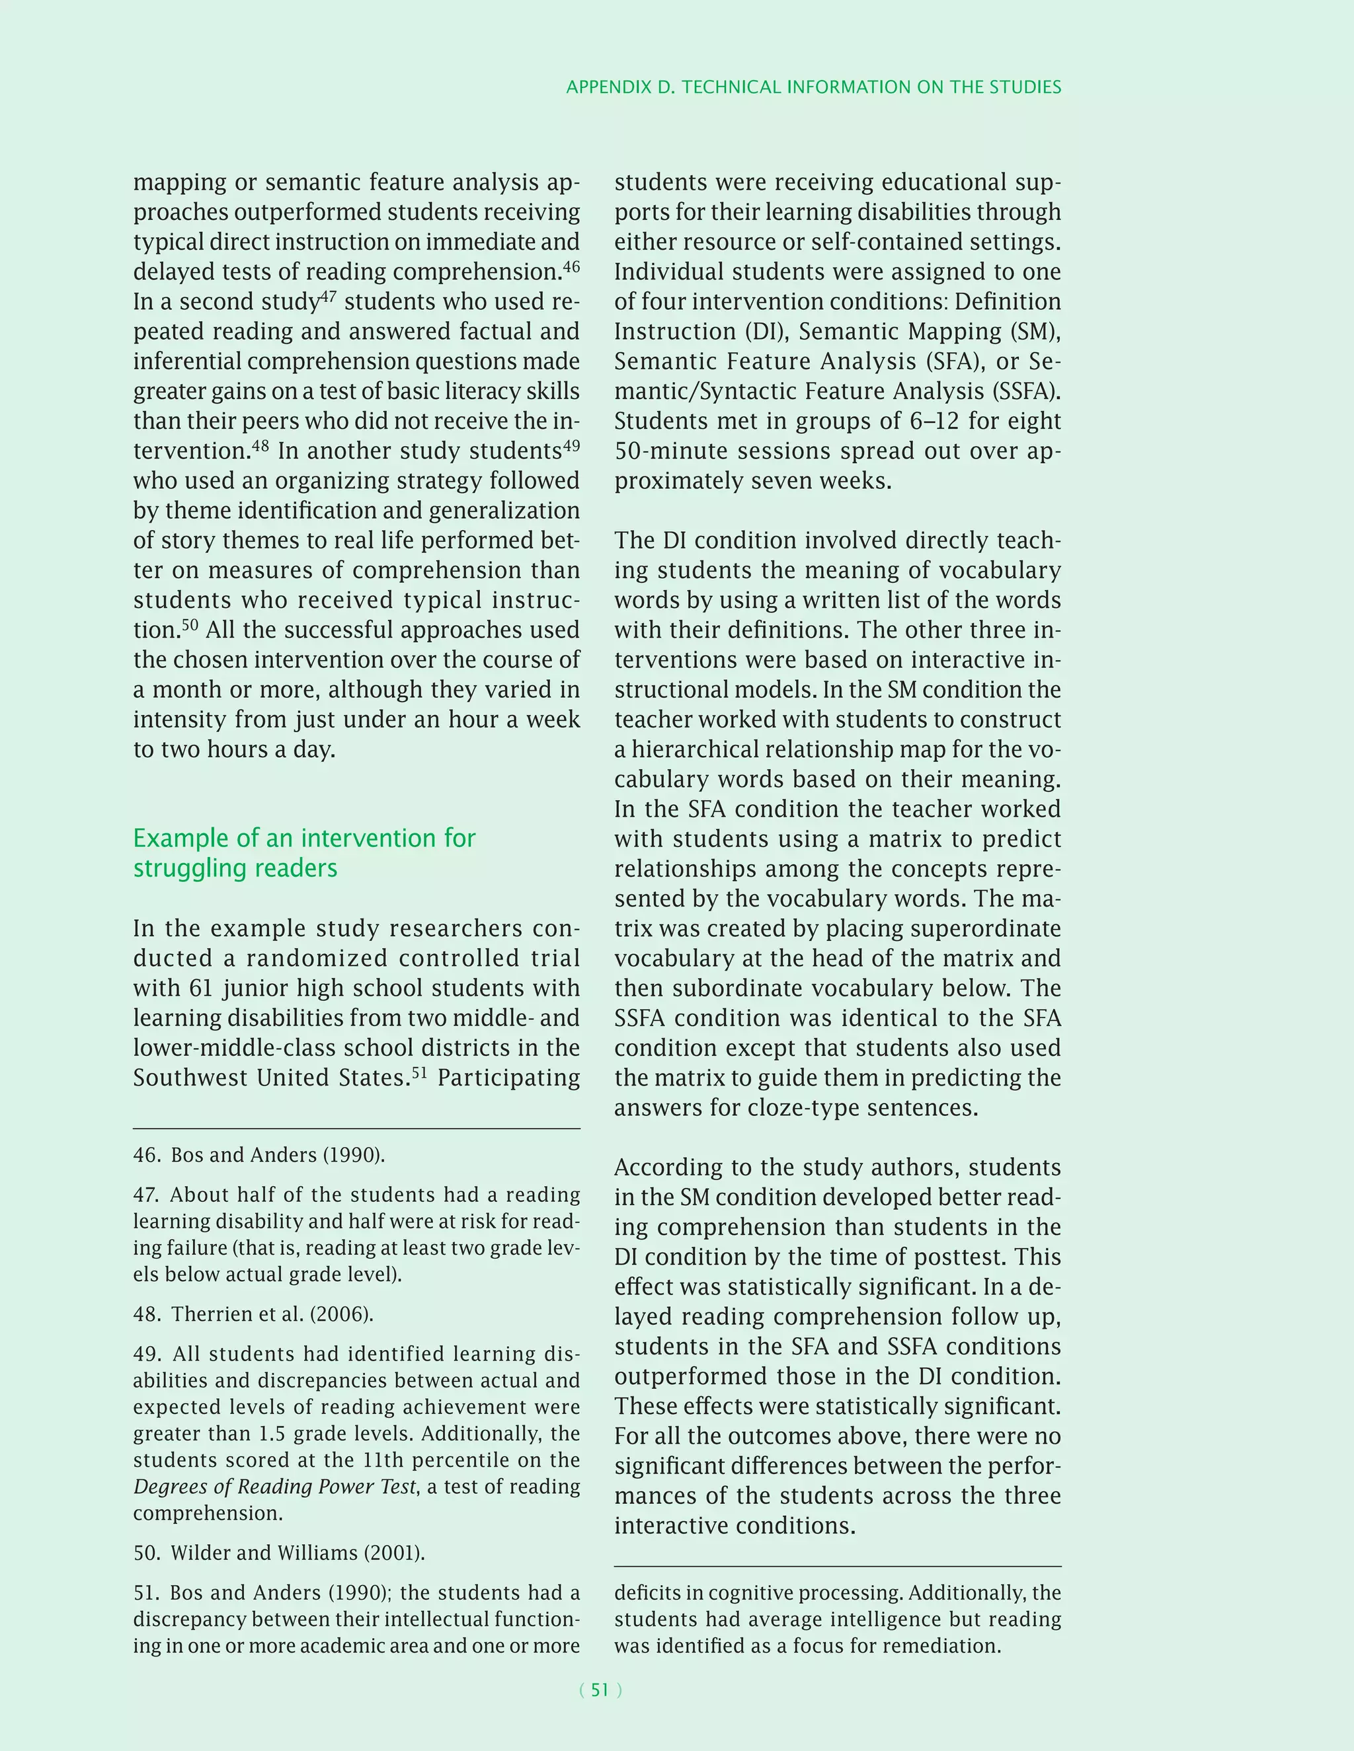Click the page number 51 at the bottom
click(600, 1690)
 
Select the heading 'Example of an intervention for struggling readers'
click(304, 853)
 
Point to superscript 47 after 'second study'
click(328, 297)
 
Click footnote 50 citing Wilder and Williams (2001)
click(279, 1553)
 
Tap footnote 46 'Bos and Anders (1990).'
click(259, 1154)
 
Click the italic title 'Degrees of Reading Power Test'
click(274, 1487)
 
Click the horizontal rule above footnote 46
click(356, 1129)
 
